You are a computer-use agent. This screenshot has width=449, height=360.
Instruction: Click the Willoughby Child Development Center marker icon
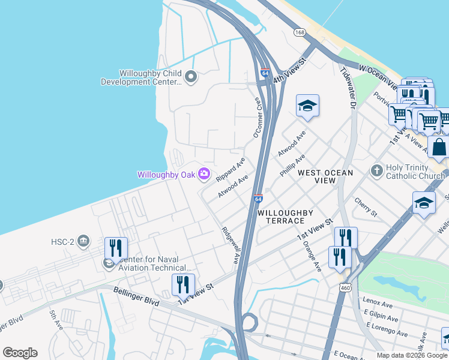[x=191, y=76]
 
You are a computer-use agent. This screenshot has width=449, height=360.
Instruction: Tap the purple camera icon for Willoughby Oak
[x=204, y=175]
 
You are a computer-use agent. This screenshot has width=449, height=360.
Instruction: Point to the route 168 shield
[x=300, y=32]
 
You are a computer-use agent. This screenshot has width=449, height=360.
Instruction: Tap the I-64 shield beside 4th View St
[x=265, y=73]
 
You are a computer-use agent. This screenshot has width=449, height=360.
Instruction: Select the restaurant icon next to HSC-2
[x=116, y=248]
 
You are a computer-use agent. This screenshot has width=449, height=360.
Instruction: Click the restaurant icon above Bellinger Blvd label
[x=183, y=285]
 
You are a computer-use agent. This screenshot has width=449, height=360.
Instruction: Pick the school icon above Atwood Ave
[x=307, y=107]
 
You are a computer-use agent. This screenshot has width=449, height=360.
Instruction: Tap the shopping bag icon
[x=439, y=148]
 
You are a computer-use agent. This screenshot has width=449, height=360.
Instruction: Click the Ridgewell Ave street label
[x=231, y=245]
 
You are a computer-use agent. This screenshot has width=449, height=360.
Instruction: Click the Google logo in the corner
[x=20, y=353]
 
